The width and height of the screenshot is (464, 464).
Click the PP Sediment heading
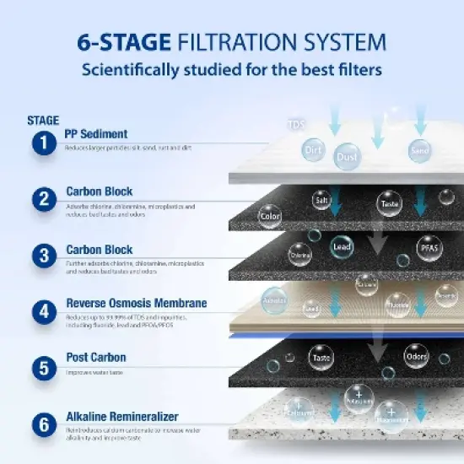(96, 134)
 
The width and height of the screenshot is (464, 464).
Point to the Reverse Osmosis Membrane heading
(136, 303)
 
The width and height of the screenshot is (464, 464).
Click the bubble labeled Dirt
(314, 149)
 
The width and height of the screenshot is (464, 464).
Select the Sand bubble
(418, 149)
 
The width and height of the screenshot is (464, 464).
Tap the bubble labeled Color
(270, 216)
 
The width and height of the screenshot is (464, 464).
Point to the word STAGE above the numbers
(43, 120)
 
